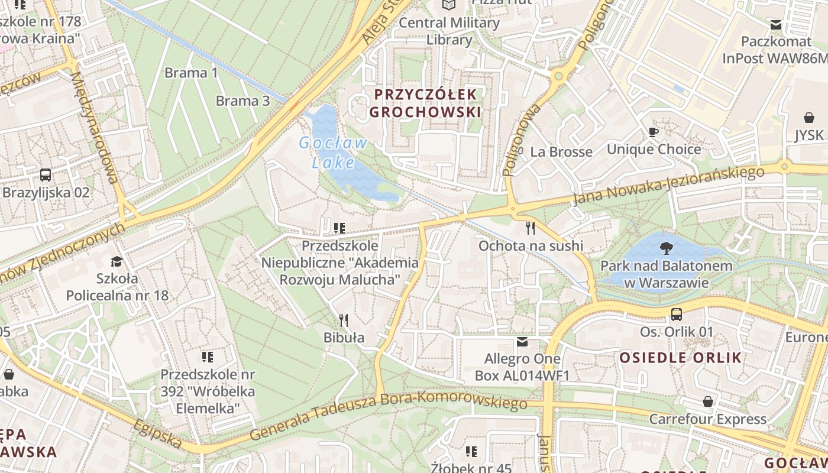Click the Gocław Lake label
(x=333, y=153)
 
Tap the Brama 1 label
(x=191, y=73)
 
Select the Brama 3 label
(x=242, y=101)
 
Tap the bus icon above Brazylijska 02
(x=46, y=175)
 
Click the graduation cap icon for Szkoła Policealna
(x=117, y=261)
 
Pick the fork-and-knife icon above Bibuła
(x=344, y=320)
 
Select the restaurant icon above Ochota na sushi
(x=531, y=228)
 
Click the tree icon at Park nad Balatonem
(x=666, y=248)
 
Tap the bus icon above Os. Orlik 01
(x=677, y=315)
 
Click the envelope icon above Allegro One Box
(x=522, y=342)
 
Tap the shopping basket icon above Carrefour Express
(x=707, y=402)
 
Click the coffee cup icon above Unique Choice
(x=654, y=132)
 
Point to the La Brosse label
(x=561, y=152)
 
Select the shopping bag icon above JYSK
(x=808, y=118)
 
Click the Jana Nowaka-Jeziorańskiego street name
(x=668, y=186)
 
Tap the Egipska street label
(x=157, y=434)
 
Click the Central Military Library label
(x=449, y=31)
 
